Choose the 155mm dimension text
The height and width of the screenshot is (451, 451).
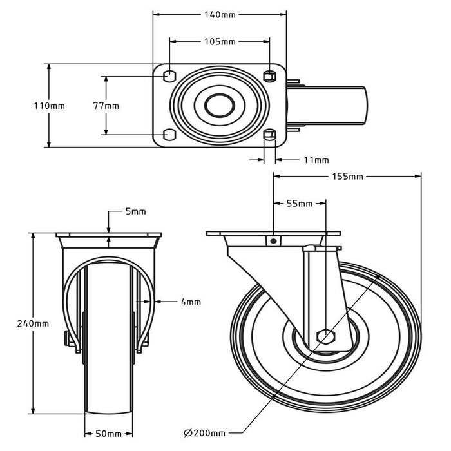click(347, 177)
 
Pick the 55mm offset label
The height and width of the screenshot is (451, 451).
click(299, 204)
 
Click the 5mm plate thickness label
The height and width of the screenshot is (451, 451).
click(135, 211)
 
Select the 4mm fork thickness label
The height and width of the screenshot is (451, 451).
click(191, 301)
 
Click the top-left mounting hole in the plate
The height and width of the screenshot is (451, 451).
click(169, 76)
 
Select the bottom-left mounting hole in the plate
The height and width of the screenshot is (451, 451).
click(169, 134)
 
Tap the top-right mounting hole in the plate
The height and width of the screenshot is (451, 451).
click(270, 76)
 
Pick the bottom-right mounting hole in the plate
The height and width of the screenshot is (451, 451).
click(270, 135)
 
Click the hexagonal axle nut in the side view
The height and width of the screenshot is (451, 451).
click(325, 336)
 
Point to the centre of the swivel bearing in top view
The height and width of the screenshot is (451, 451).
click(219, 106)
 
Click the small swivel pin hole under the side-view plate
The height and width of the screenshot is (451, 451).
click(274, 241)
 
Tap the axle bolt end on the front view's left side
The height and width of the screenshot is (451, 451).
click(66, 338)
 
